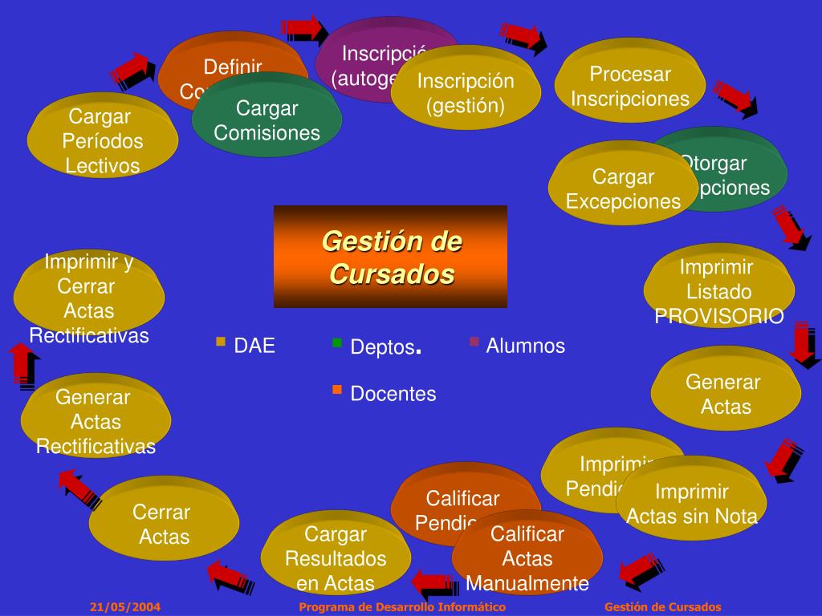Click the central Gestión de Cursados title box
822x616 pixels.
tap(391, 257)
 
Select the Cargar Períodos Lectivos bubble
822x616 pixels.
tap(103, 141)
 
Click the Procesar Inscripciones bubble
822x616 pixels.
tap(630, 86)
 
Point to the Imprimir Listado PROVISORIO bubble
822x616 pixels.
tap(718, 291)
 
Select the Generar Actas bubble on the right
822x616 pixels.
tap(726, 394)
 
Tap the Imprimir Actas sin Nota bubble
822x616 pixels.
tap(692, 504)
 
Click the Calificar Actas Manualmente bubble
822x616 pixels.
tap(527, 558)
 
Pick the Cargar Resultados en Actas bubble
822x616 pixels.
tap(336, 558)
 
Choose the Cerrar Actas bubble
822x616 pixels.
tap(164, 524)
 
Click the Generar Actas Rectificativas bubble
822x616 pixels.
tap(96, 421)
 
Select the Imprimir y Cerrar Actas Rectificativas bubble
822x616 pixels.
tap(89, 298)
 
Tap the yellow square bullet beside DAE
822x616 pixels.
tap(221, 342)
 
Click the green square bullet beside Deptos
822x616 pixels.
tap(337, 343)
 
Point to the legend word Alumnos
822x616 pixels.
tap(526, 346)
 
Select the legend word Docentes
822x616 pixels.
tap(393, 394)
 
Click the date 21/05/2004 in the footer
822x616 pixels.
tap(125, 607)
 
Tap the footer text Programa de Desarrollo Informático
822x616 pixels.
tap(402, 607)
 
